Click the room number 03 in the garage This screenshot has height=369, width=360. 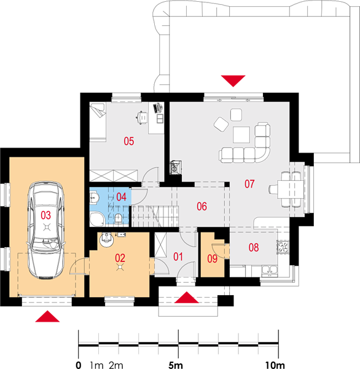pos(45,215)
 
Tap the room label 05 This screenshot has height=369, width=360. pos(129,141)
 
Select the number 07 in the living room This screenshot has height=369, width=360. pos(249,184)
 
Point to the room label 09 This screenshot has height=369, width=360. pos(212,259)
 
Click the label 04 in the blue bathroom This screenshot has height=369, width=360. pos(122,197)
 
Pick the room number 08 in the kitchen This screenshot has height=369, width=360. pos(254,247)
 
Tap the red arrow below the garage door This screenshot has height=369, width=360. pos(47,316)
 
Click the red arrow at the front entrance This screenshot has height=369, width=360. pos(187,297)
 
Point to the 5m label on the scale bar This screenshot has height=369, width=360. pos(176,365)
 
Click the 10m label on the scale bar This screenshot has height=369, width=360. pos(275,365)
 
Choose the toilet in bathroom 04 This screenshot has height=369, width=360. pos(119,218)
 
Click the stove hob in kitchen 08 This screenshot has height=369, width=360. pos(283,247)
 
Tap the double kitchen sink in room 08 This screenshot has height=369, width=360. pos(270,271)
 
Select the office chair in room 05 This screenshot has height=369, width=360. pos(142,117)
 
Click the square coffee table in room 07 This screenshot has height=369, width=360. pos(241,135)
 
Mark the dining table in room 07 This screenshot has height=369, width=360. pos(291,189)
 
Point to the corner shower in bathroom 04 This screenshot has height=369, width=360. pos(97,219)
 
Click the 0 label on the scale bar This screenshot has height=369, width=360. pos(79,365)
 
